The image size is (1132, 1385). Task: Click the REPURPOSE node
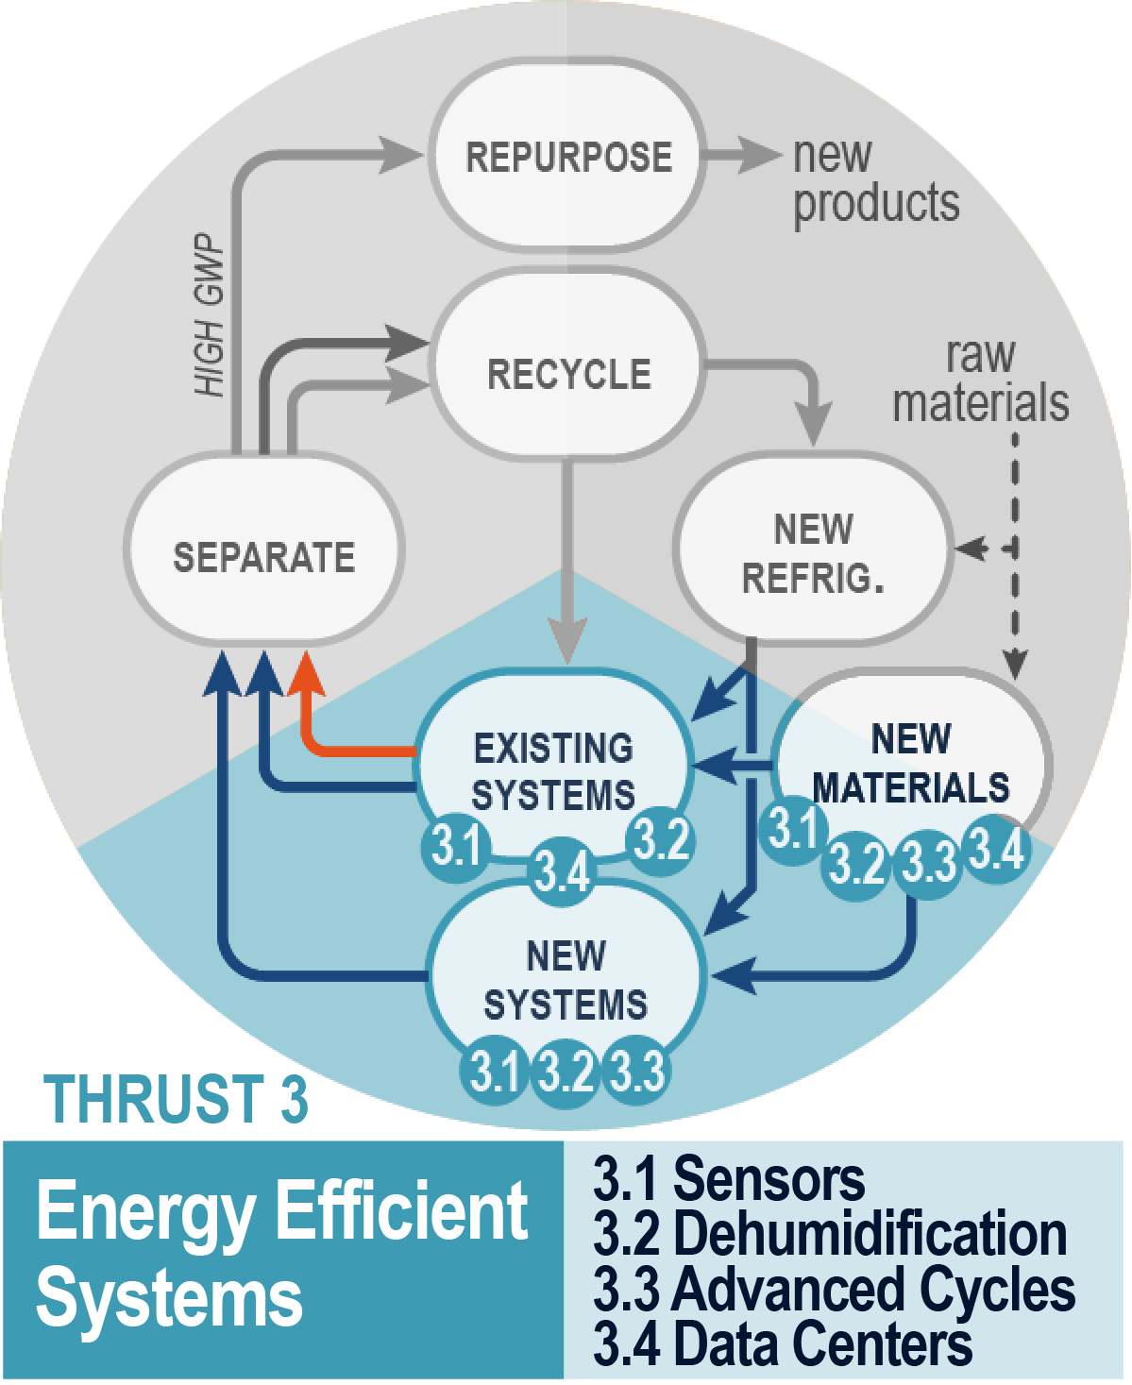[x=567, y=156]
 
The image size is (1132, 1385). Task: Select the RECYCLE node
[x=567, y=373]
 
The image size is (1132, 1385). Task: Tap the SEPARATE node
[x=263, y=556]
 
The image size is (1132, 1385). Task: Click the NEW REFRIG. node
[x=813, y=552]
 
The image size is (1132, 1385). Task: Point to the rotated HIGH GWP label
[x=210, y=316]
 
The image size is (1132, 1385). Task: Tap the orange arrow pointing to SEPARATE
[x=306, y=676]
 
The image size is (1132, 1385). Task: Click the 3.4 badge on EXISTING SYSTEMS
[x=562, y=870]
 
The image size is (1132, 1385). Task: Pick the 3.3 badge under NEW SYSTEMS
[x=637, y=1072]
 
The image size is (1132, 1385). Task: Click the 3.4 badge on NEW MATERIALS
[x=997, y=849]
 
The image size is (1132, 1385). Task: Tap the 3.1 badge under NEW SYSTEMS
[x=493, y=1072]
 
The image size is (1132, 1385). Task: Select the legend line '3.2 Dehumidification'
[x=829, y=1234]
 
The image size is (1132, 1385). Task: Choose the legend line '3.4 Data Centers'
[x=782, y=1344]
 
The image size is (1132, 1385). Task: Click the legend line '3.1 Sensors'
[x=728, y=1179]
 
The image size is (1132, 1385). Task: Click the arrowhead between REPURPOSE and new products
[x=759, y=155]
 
